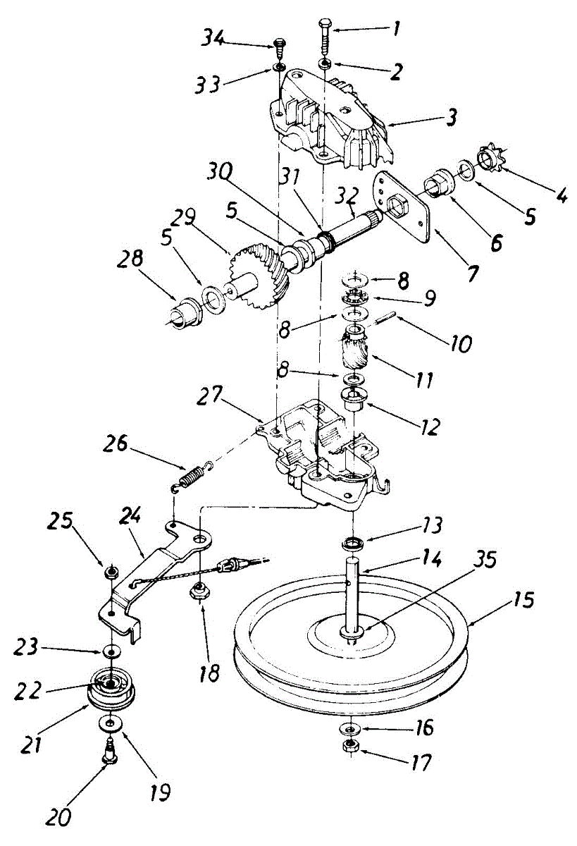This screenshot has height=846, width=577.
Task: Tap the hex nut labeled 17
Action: (348, 746)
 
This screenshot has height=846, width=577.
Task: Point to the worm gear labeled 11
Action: (356, 350)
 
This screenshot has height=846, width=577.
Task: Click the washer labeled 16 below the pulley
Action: (348, 728)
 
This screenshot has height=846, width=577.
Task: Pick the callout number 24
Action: (130, 520)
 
